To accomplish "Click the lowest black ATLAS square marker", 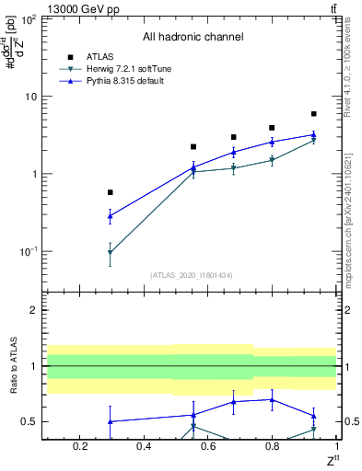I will pos(111,192).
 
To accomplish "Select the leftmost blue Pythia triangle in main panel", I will pos(111,216).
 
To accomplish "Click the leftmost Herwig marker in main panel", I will pos(111,252).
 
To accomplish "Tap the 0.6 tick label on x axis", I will pos(208,447).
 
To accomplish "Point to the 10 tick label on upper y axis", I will pos(29,97).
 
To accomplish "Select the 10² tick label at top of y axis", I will pos(28,18).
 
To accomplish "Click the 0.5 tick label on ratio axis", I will pos(28,422).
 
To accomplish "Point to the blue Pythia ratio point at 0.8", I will pos(272,399).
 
